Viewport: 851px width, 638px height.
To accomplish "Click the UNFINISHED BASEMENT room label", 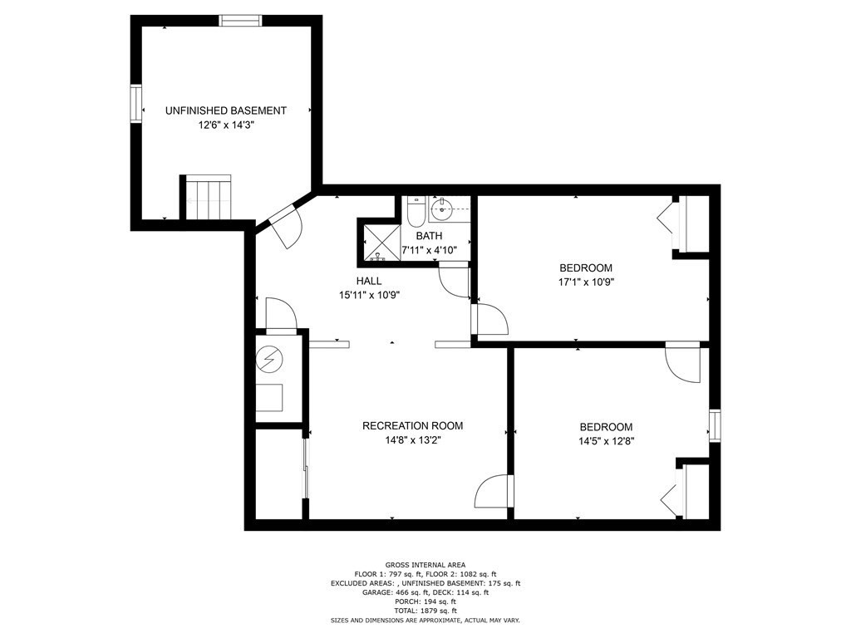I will coord(225,110).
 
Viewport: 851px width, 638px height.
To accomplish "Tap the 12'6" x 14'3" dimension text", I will coord(225,125).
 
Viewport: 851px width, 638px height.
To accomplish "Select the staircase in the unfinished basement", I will coord(206,198).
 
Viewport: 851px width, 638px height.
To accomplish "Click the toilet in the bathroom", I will coord(416,212).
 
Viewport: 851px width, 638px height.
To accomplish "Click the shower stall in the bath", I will coord(378,241).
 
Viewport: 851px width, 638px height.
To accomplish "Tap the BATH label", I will coord(429,236).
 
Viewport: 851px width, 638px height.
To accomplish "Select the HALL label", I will coord(369,281).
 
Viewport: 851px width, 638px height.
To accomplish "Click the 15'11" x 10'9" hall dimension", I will coord(369,294).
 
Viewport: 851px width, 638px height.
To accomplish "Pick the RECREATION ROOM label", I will coord(412,426).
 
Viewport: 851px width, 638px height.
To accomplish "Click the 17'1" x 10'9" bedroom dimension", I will coord(585,282).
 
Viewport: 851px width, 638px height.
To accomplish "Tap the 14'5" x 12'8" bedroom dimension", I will coord(606,441).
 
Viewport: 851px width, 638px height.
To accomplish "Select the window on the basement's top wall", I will coord(240,21).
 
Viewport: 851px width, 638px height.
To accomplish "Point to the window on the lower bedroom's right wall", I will coord(714,425).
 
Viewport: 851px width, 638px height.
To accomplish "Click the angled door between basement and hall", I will coord(283,225).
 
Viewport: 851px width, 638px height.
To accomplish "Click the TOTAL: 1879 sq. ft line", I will coord(425,611).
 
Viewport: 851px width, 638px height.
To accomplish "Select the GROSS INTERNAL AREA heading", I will coord(425,565).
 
